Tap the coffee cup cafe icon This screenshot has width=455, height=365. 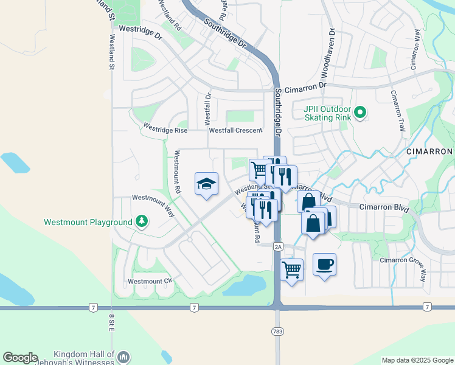(x=324, y=265)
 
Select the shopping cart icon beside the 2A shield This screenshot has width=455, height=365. (x=292, y=269)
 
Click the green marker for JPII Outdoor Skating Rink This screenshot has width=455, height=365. (x=360, y=111)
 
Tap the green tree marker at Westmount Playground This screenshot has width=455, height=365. (x=142, y=221)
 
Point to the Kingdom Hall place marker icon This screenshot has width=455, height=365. (x=123, y=356)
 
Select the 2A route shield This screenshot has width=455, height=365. (x=278, y=246)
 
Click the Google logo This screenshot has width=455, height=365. (x=20, y=358)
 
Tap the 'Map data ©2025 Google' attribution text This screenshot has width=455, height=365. (x=417, y=360)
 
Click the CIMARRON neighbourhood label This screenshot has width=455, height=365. (x=429, y=151)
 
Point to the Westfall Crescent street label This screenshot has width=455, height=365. (x=235, y=130)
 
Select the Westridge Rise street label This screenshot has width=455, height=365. (x=165, y=129)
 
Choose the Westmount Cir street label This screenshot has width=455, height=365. (x=150, y=282)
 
